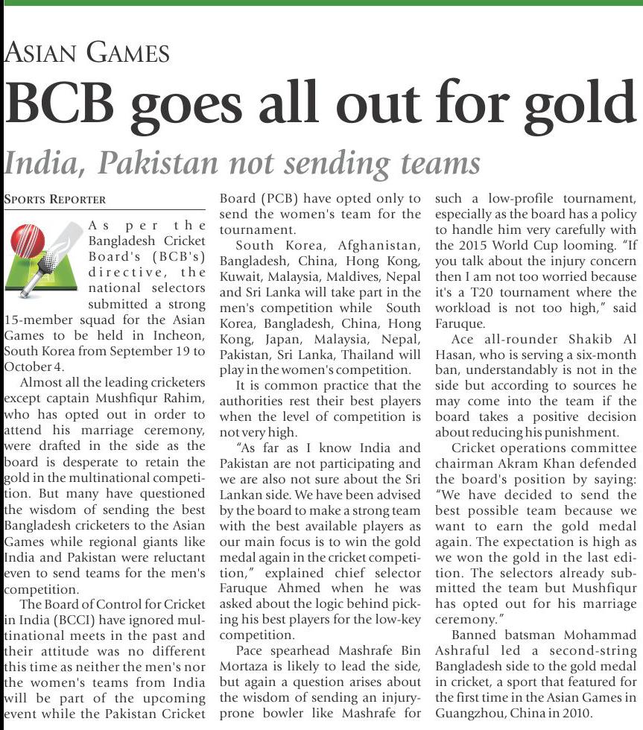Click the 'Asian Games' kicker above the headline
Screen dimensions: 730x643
[87, 52]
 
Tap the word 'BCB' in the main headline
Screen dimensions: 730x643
[61, 104]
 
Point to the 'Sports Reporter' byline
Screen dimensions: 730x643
[55, 200]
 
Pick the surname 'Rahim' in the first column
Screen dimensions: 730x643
[183, 399]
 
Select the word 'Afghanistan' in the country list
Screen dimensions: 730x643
[379, 245]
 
